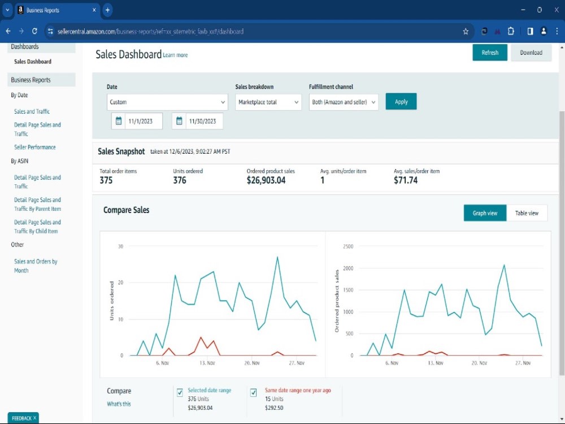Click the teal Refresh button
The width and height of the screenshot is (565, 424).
tap(490, 53)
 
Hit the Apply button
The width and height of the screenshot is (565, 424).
tap(401, 102)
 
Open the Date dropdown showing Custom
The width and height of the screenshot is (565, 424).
tap(167, 102)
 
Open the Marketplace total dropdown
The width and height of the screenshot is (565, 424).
tap(268, 102)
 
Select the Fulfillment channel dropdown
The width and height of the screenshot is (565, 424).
tap(344, 102)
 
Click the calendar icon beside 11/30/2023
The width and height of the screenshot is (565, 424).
tap(179, 121)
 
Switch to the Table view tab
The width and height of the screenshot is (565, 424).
tap(527, 213)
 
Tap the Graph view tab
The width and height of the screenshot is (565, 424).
tap(485, 213)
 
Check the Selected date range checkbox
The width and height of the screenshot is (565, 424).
tap(180, 392)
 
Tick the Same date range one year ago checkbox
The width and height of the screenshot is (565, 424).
tap(253, 392)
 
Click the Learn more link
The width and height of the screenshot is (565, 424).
tap(175, 55)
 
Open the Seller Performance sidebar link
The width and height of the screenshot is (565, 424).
tap(35, 147)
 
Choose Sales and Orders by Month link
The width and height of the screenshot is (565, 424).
tap(35, 266)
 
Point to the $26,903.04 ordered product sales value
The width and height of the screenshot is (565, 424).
tap(266, 180)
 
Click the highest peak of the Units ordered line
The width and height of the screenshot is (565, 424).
tap(277, 257)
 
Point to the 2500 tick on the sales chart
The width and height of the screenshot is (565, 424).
tap(348, 246)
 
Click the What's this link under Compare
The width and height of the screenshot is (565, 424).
tap(119, 404)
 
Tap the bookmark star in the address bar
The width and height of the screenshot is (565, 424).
tap(466, 31)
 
